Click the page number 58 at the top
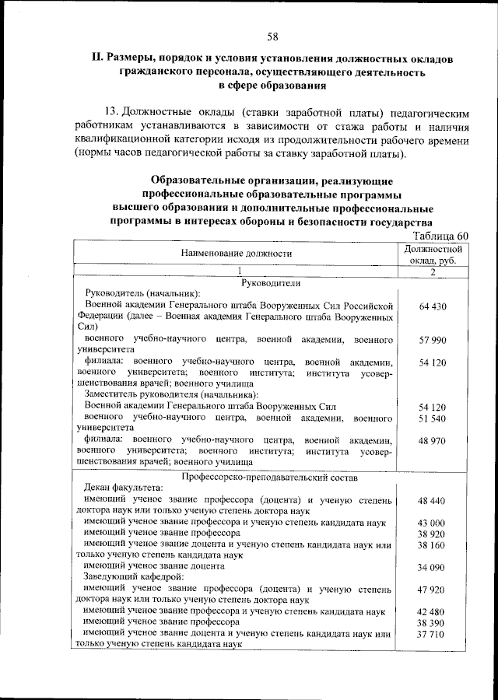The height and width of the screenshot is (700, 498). click(273, 37)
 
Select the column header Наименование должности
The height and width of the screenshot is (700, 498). click(237, 254)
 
